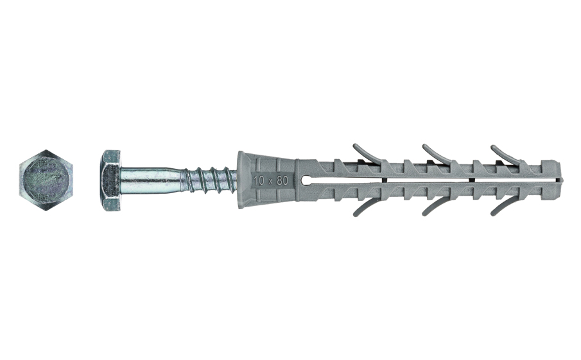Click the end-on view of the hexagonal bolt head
[x=45, y=180]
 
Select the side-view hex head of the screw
[x=110, y=180]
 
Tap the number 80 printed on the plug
[x=282, y=180]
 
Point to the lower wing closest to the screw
[x=362, y=208]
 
